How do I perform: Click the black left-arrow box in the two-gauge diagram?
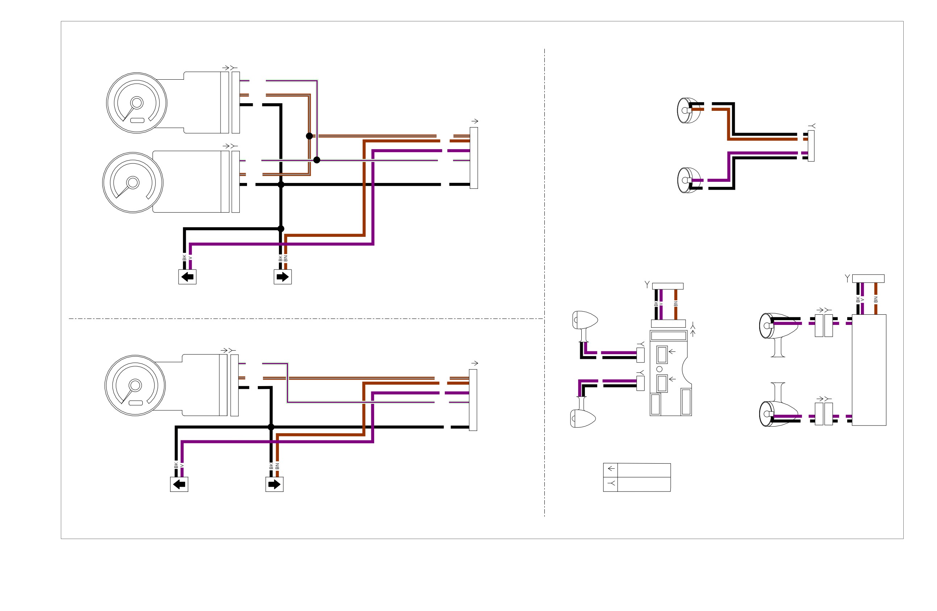(187, 277)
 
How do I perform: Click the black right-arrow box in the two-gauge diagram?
(283, 277)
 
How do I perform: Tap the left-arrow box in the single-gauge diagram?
(179, 484)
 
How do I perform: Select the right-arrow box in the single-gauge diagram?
(275, 484)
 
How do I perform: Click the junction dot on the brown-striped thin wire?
(309, 136)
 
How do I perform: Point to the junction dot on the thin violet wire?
(317, 160)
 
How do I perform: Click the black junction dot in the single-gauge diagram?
(271, 427)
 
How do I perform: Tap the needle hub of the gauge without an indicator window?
(133, 183)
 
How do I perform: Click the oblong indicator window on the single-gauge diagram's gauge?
(135, 403)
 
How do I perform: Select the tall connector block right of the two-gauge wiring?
(474, 158)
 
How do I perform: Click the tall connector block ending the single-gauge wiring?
(473, 400)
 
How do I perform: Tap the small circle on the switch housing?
(660, 369)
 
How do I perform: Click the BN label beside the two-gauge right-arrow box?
(285, 258)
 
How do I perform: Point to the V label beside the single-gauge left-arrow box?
(182, 466)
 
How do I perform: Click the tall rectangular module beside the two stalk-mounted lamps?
(869, 370)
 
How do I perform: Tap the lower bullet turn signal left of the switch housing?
(583, 416)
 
